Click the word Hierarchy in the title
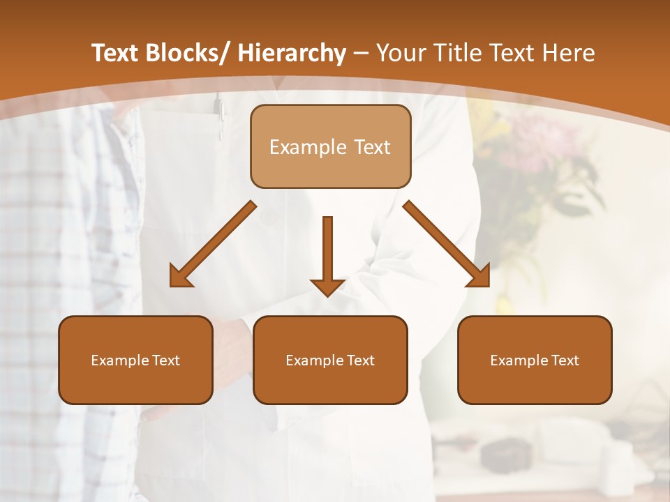[x=292, y=53]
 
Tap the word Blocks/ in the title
[x=188, y=53]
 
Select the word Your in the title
[x=400, y=53]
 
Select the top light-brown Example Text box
[x=330, y=146]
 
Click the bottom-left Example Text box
[x=135, y=360]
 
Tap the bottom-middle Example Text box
[x=330, y=360]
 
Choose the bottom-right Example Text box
[x=535, y=360]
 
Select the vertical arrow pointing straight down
[x=327, y=254]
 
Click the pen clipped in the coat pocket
[x=221, y=115]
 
